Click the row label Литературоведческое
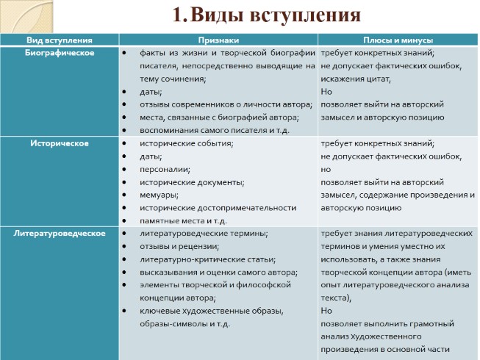point(61,233)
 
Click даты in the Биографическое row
point(151,92)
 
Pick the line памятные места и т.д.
point(183,220)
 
